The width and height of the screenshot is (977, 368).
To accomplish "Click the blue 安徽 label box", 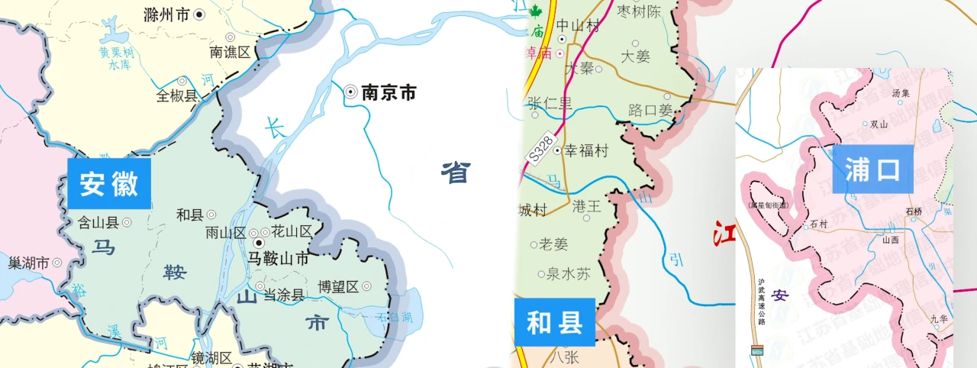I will click(x=109, y=184).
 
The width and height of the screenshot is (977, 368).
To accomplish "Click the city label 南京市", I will click(x=389, y=92).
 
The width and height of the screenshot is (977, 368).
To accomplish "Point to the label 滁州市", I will click(x=167, y=14).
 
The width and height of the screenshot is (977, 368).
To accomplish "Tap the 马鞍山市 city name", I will click(x=279, y=259).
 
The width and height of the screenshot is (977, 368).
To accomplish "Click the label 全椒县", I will click(x=176, y=96).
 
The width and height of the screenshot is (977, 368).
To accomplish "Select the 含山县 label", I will click(x=98, y=223).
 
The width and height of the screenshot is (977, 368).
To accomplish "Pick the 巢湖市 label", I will click(x=29, y=263).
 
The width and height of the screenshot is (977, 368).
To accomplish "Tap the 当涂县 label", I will click(x=284, y=295).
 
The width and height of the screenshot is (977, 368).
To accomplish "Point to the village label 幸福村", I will click(x=585, y=151).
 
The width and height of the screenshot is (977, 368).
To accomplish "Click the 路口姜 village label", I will click(x=650, y=111).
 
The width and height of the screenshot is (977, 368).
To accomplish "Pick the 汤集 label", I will click(x=901, y=93).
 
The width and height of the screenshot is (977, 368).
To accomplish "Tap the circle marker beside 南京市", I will click(x=350, y=92).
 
